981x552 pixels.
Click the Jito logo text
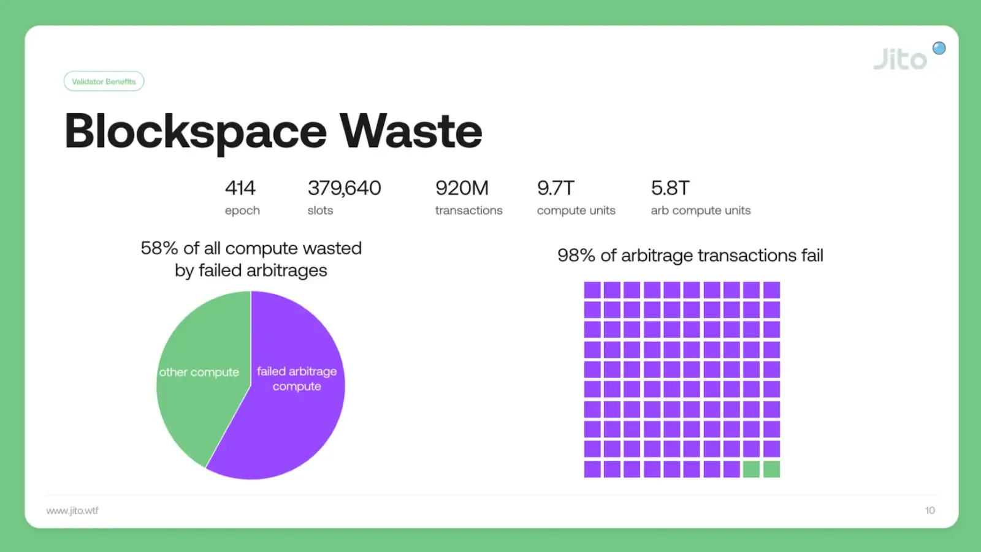(x=900, y=59)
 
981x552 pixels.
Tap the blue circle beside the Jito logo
(x=939, y=48)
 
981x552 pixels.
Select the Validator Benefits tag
(x=104, y=81)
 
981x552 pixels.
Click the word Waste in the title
(x=411, y=131)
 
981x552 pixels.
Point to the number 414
(x=240, y=188)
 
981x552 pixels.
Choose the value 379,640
(x=344, y=188)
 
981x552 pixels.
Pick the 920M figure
(x=462, y=188)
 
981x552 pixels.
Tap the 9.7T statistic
(x=555, y=188)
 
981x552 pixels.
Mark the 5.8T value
(x=670, y=188)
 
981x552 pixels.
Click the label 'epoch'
(x=242, y=210)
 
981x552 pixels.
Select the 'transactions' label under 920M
(x=468, y=210)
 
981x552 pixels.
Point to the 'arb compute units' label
(x=700, y=210)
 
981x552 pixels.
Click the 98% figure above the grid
(x=576, y=255)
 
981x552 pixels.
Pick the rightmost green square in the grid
(x=771, y=469)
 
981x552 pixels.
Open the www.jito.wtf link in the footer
(x=72, y=510)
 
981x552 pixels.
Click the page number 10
(x=929, y=510)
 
